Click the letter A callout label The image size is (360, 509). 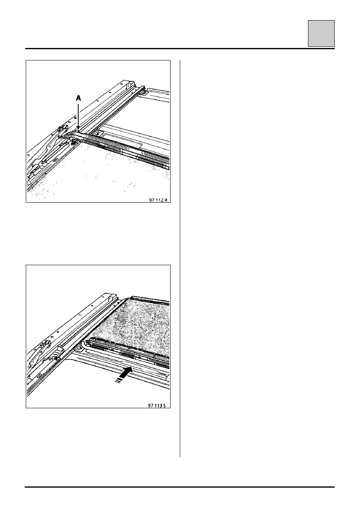tap(78, 98)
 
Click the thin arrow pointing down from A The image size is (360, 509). tap(78, 116)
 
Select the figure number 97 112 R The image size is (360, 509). tap(158, 200)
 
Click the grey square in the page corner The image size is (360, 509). tap(321, 33)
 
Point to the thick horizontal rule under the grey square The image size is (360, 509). tap(180, 49)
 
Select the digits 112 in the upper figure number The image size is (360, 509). tap(159, 200)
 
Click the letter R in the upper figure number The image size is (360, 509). tap(166, 200)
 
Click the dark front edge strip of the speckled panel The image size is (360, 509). tap(150, 299)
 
